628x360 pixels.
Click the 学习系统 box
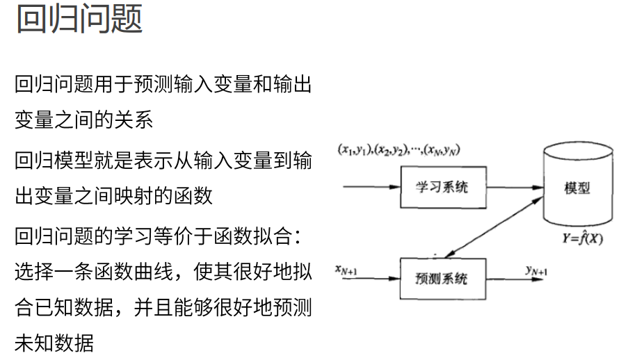[x=442, y=188]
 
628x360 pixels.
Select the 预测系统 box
[x=442, y=279]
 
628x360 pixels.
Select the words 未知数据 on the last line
[x=54, y=343]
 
